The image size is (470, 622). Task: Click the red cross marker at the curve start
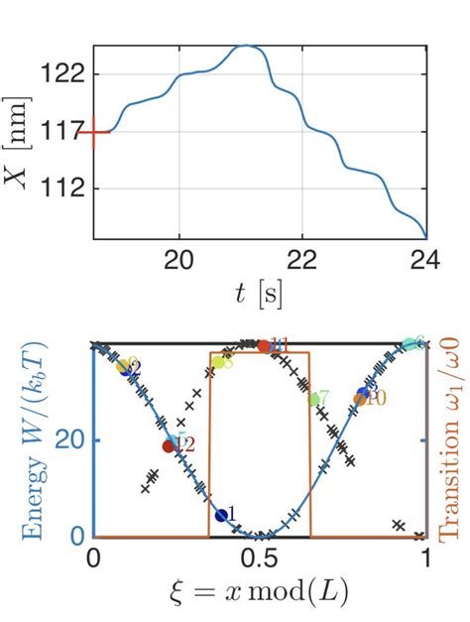[93, 132]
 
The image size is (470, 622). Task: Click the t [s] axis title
[259, 294]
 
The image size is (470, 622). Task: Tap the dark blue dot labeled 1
[221, 515]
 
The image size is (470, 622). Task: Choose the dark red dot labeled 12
[170, 445]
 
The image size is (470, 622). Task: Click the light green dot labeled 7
[314, 400]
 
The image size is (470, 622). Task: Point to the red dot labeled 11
[264, 345]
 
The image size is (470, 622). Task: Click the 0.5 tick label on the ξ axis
[259, 558]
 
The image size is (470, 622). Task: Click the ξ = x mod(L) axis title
[259, 593]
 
